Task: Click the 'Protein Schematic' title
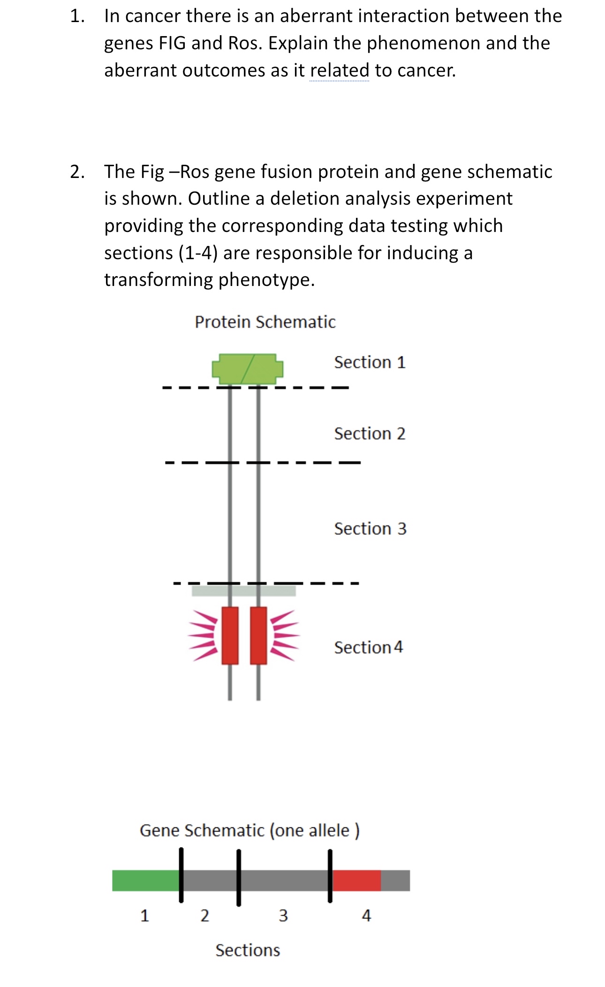click(265, 322)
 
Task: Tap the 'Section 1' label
click(370, 362)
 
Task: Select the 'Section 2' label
click(370, 434)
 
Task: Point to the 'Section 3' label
click(370, 529)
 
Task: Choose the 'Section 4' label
click(368, 648)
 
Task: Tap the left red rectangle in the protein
click(230, 635)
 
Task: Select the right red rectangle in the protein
click(258, 635)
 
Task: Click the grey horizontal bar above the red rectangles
click(243, 591)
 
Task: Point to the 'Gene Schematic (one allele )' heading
click(250, 830)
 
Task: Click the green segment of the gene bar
click(145, 880)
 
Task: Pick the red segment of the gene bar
click(356, 880)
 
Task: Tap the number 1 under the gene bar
click(145, 915)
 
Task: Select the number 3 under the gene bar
click(283, 915)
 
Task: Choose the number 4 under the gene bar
click(366, 915)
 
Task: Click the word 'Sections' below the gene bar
click(248, 950)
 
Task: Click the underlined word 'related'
click(340, 70)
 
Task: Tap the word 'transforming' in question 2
click(159, 280)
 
